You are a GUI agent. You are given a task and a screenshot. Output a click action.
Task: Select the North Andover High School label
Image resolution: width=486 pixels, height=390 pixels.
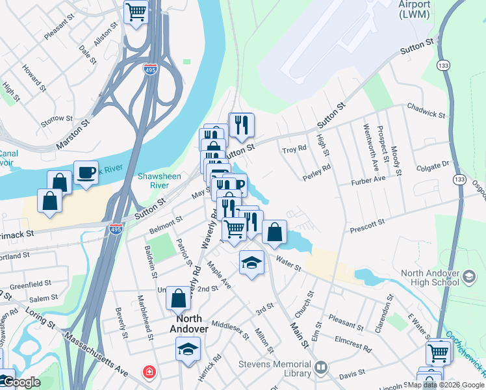[x=431, y=279]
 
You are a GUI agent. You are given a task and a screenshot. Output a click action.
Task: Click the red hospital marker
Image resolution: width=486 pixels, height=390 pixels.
[x=149, y=372]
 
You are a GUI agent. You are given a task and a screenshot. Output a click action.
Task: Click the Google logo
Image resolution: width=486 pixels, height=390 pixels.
[x=21, y=382]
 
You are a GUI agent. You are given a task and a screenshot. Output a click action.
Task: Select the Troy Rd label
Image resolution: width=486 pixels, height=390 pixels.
[x=294, y=149]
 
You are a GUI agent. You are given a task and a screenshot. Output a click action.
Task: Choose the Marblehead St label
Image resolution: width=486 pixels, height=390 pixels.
[x=145, y=318]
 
